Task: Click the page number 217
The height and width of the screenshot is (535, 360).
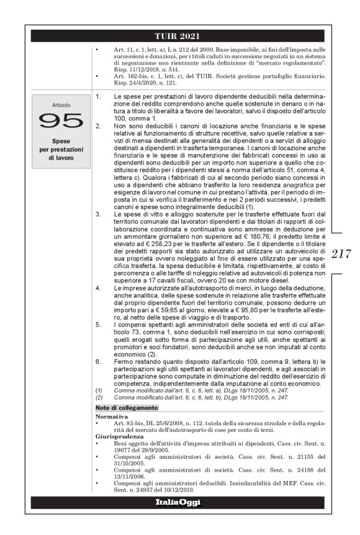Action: [x=343, y=254]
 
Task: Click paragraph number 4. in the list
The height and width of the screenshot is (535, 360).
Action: [x=98, y=289]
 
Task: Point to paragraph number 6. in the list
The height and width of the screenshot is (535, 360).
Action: [x=98, y=360]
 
